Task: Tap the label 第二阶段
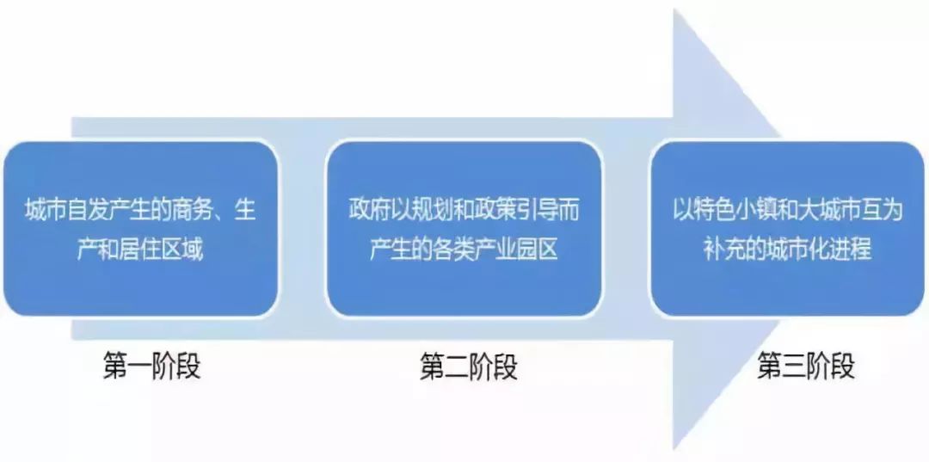click(x=469, y=367)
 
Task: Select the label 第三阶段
click(x=806, y=367)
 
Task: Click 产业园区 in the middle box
click(x=520, y=250)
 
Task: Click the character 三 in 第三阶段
click(x=794, y=367)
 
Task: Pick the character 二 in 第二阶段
click(x=456, y=367)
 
